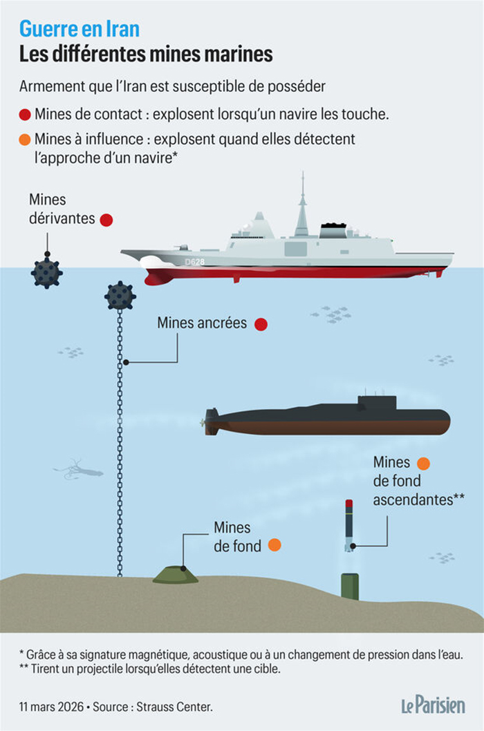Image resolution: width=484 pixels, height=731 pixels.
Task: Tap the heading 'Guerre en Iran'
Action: click(79, 29)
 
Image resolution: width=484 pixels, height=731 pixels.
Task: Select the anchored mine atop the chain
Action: click(120, 296)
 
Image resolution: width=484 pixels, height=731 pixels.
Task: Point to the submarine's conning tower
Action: click(377, 404)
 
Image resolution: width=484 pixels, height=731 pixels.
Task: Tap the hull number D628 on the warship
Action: click(195, 262)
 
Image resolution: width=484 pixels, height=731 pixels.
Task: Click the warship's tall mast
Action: click(301, 207)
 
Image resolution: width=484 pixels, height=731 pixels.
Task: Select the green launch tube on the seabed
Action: click(350, 586)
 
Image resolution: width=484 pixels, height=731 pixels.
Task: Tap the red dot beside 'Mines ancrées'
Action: click(261, 324)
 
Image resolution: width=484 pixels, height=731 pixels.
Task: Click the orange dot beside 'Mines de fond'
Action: click(274, 545)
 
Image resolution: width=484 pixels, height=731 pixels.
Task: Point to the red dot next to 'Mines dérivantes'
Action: click(106, 220)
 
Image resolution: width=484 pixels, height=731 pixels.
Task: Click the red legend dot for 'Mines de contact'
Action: click(26, 115)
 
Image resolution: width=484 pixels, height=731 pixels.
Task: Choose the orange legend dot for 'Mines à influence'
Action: click(26, 140)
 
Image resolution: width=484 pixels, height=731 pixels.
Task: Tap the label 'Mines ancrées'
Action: click(201, 323)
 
